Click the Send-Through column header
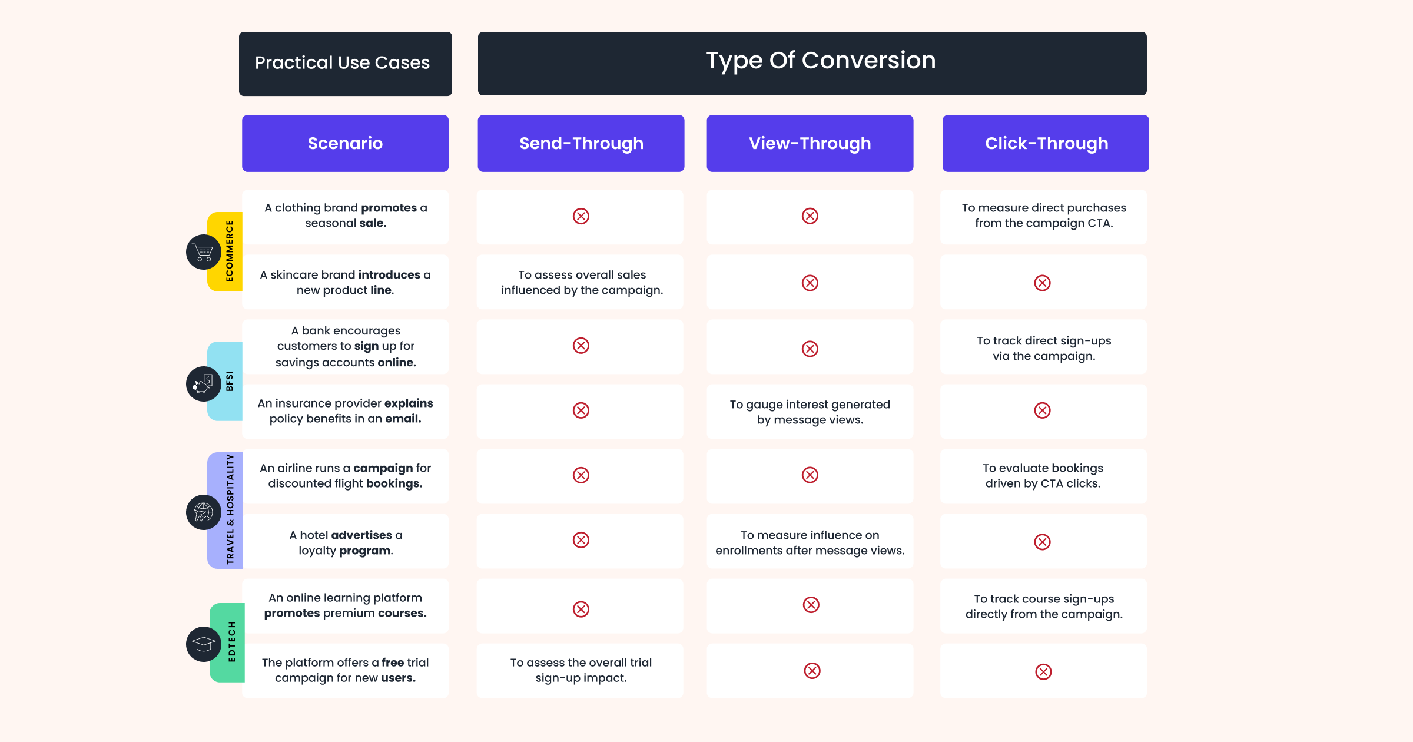pos(581,143)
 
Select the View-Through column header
pos(810,143)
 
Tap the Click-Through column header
pos(1046,143)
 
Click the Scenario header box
pos(345,143)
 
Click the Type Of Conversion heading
pos(820,61)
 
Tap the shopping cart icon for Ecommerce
pos(204,252)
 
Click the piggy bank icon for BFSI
pos(204,384)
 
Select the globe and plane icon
pos(204,512)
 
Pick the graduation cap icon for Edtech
pos(204,644)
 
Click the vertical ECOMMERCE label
pos(230,251)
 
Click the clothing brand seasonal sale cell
pos(345,216)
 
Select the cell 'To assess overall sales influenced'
pos(582,283)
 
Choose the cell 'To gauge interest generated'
pos(810,412)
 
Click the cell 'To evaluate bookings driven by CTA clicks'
pos(1043,476)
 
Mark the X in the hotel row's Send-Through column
pos(581,540)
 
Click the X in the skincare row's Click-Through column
pos(1042,283)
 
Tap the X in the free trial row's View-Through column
pos(812,671)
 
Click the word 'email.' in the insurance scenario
pos(403,419)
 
